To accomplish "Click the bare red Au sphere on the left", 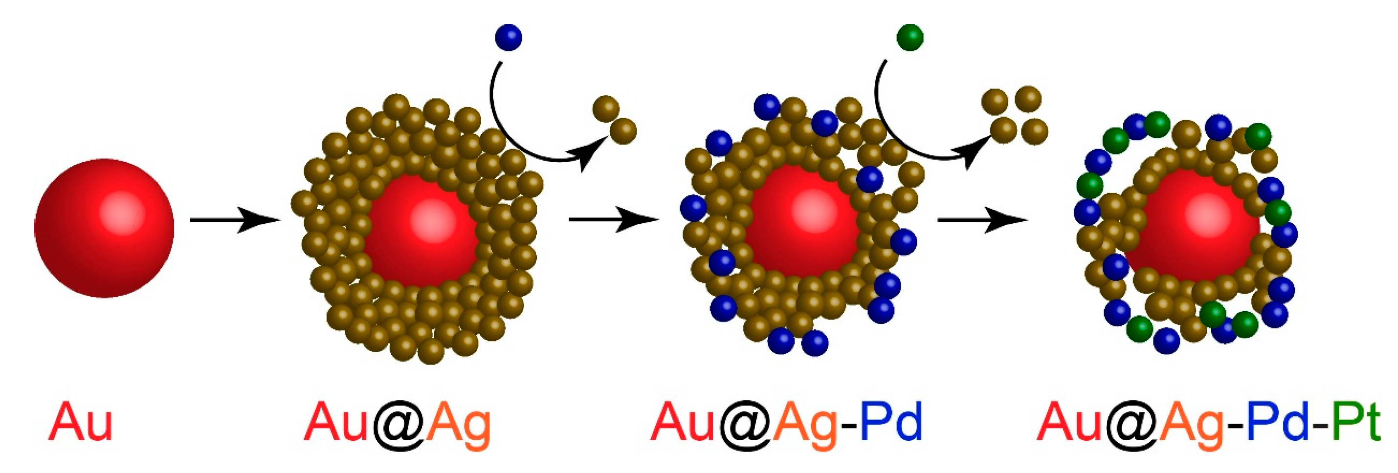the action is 104,228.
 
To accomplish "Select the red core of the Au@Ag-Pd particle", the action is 800,222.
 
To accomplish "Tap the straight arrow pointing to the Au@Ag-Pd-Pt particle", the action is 982,220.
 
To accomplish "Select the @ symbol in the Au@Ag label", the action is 399,424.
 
